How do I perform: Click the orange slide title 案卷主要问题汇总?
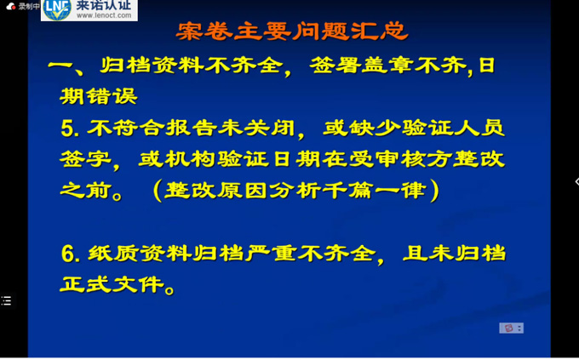coord(292,31)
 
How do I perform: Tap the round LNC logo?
coord(57,9)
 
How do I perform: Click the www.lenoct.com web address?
coord(104,15)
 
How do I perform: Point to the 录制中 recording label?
coord(29,6)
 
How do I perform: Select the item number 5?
coord(68,129)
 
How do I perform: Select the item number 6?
coord(69,254)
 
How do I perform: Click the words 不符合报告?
coord(152,129)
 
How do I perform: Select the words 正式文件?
coord(112,284)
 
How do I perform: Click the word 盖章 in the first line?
coord(387,66)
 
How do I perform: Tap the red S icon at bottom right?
coord(509,328)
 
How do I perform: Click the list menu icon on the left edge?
coord(6,301)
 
